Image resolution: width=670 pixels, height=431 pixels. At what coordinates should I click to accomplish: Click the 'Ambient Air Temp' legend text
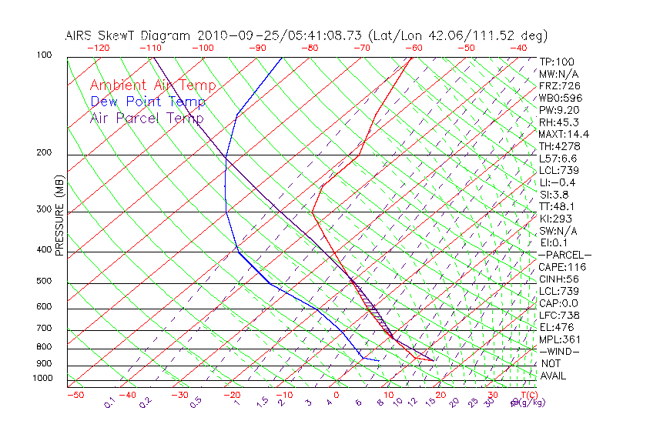(152, 85)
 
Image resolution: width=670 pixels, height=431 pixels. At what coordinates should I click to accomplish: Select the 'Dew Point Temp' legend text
(148, 102)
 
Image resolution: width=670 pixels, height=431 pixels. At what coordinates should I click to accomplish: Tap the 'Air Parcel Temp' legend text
(146, 118)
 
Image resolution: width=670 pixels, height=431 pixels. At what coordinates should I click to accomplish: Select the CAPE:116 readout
(559, 267)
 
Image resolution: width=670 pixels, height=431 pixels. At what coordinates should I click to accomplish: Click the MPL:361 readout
(559, 339)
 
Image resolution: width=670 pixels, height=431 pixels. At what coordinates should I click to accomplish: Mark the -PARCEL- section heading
(564, 255)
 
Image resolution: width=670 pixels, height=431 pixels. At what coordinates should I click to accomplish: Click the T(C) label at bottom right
(525, 395)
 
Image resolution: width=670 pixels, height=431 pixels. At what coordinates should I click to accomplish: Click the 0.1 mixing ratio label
(109, 403)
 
